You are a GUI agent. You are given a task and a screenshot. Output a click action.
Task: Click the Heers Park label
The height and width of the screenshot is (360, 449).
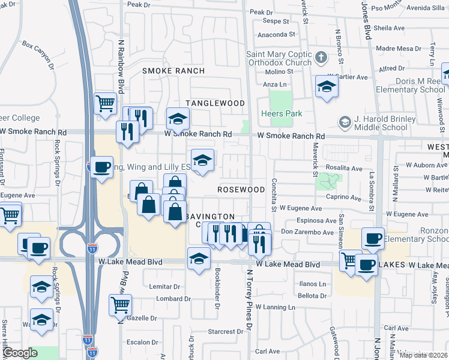click(x=281, y=113)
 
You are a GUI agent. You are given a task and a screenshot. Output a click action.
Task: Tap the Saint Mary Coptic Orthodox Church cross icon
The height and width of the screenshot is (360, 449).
click(x=321, y=58)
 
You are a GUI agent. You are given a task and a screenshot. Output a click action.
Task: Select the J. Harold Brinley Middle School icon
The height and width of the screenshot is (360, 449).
click(x=345, y=122)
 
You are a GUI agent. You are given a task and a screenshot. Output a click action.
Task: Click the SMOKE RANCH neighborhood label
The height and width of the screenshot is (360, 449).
click(x=173, y=71)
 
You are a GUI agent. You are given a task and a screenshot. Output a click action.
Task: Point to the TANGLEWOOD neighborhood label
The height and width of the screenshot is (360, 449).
click(x=215, y=103)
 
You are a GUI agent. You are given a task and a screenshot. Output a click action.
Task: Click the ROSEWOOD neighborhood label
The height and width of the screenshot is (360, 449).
click(x=241, y=189)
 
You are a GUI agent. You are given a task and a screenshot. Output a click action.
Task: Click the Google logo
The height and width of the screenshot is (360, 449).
click(x=20, y=353)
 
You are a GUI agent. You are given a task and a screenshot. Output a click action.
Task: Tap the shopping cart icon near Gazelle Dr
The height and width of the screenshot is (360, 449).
click(x=120, y=304)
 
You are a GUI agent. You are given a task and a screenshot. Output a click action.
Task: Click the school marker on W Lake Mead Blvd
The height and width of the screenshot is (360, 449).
click(x=198, y=259)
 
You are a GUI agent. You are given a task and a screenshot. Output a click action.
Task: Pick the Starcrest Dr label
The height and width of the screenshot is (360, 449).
click(x=225, y=332)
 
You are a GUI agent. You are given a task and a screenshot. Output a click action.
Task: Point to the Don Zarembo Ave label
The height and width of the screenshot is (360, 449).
click(x=307, y=232)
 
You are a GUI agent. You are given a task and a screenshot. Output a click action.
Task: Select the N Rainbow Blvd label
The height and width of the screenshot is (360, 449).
click(x=121, y=66)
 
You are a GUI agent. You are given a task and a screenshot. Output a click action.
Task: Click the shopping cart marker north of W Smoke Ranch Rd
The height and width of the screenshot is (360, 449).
click(x=105, y=102)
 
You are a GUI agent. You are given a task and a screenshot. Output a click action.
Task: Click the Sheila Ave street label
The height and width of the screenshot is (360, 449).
click(x=390, y=28)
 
